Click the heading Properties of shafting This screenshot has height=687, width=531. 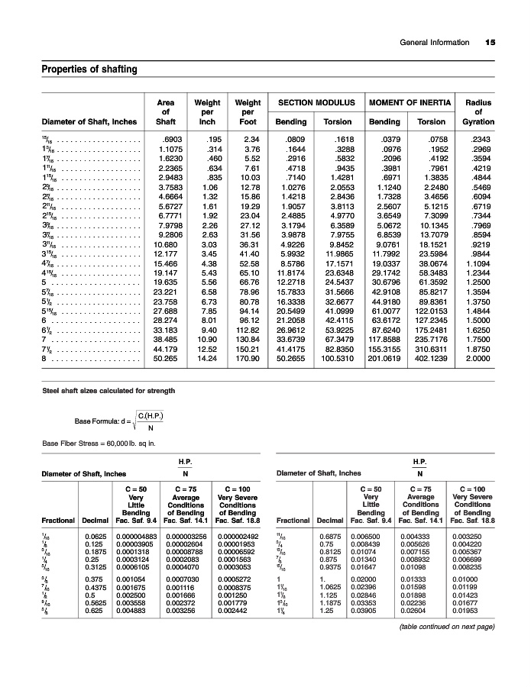tap(89, 70)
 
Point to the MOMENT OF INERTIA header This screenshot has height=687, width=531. tap(408, 102)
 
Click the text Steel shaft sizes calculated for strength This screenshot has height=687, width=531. tap(108, 391)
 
